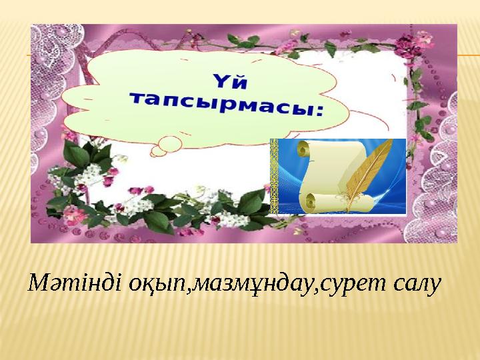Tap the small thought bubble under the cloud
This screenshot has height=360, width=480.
pyautogui.click(x=165, y=142)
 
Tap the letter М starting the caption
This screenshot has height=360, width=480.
pyautogui.click(x=37, y=285)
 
